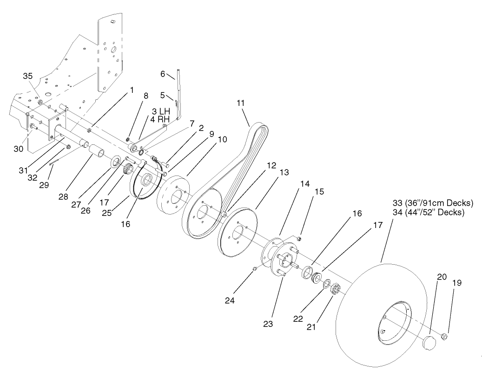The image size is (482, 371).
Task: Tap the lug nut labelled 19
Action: (444, 336)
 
